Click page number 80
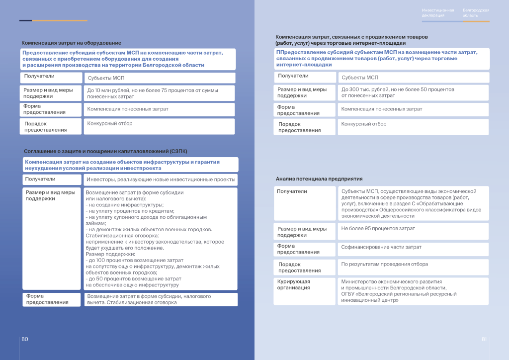click(x=24, y=339)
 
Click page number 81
click(x=484, y=339)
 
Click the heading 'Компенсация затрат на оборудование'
click(x=71, y=43)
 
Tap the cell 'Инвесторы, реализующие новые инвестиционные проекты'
click(x=161, y=180)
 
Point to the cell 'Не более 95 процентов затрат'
click(x=378, y=229)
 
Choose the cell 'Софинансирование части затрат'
click(x=381, y=247)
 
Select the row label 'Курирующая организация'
click(x=293, y=284)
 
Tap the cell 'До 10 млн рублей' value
click(x=153, y=93)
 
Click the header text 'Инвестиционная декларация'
click(x=437, y=12)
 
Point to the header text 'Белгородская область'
click(x=476, y=12)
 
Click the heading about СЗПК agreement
click(x=105, y=151)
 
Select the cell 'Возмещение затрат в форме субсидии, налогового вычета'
click(x=149, y=299)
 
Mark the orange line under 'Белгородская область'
click(x=476, y=21)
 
